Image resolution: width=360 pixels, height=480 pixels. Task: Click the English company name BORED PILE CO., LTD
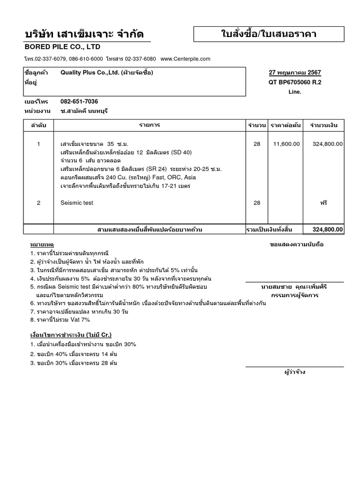[62, 47]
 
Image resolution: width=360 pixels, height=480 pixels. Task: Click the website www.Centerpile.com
[185, 59]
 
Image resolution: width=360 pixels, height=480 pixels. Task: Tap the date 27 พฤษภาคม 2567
[295, 73]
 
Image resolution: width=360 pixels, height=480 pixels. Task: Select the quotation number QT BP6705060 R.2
[295, 82]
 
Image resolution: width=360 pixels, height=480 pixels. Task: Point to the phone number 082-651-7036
[79, 102]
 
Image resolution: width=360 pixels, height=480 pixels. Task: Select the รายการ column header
[150, 126]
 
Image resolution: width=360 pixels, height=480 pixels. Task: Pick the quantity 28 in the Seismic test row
[257, 203]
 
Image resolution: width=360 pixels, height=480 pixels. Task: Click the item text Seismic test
[77, 203]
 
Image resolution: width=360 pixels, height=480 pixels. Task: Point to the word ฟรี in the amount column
[323, 203]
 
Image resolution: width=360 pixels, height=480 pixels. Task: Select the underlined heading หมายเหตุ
[42, 245]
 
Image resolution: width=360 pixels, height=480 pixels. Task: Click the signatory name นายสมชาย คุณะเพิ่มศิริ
[295, 286]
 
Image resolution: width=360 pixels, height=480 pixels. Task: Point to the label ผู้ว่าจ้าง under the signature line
[295, 372]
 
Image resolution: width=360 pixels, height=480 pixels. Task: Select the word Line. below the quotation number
[295, 92]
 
